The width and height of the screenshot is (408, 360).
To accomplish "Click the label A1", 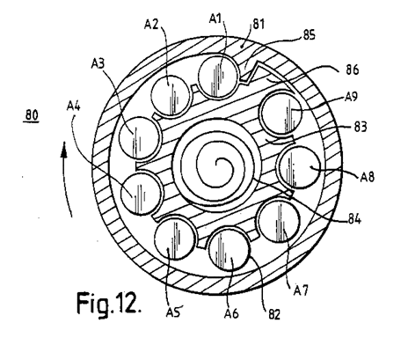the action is (x=215, y=18).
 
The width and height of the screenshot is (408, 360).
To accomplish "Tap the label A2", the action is (x=151, y=24).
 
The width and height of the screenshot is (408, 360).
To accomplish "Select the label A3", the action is (x=98, y=63).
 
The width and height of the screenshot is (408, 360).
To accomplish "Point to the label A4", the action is (x=73, y=106).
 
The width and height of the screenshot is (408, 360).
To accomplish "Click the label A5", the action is (x=173, y=312).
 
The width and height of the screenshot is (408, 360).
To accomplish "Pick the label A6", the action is (x=231, y=313).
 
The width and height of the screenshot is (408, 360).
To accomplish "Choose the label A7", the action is (x=301, y=290).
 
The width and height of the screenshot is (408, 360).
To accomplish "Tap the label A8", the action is (x=368, y=177).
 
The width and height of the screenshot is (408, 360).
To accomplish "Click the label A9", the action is (x=351, y=96).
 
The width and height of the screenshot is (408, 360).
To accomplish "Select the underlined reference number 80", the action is (x=32, y=114).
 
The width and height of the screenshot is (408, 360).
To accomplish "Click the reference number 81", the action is (x=259, y=24).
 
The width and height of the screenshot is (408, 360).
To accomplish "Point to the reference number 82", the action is (x=274, y=314).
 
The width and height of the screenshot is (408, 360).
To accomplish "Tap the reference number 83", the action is (x=361, y=127).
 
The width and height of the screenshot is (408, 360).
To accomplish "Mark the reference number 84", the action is (x=354, y=219).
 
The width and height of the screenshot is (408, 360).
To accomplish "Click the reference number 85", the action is (x=309, y=35).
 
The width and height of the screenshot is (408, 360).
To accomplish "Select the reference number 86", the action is (x=352, y=70).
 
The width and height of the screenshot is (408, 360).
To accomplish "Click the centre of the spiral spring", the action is (x=217, y=162).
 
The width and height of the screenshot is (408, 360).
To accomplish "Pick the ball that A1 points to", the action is (x=217, y=76).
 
